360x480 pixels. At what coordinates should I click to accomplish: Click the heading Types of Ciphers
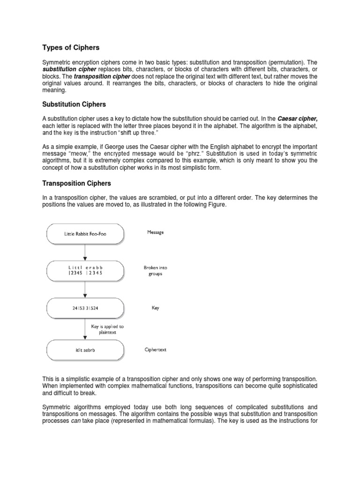(x=71, y=47)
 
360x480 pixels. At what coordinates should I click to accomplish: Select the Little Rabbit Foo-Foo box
(x=85, y=233)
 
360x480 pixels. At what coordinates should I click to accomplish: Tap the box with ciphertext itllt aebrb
(x=85, y=350)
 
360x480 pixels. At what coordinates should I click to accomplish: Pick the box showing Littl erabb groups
(x=85, y=271)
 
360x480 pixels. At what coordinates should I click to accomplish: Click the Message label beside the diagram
(x=155, y=232)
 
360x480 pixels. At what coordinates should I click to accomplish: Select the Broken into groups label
(x=155, y=271)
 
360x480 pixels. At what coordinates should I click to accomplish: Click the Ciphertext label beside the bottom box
(x=155, y=349)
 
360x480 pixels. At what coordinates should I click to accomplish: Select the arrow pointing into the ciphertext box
(x=85, y=331)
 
